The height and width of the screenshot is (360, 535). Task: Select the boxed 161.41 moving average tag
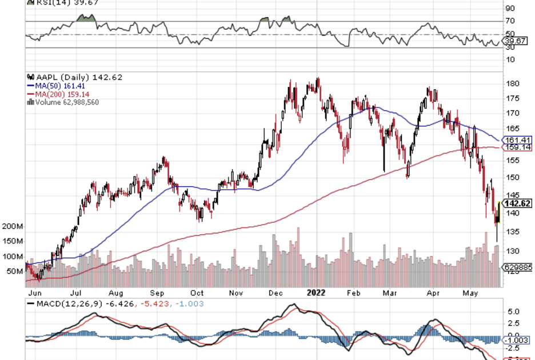pyautogui.click(x=518, y=140)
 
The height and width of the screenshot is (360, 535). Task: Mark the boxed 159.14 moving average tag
pyautogui.click(x=518, y=147)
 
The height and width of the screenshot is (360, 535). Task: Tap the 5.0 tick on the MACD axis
pyautogui.click(x=513, y=313)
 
